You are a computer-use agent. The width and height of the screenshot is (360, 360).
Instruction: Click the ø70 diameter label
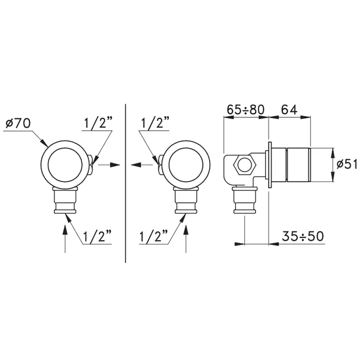pos(18,124)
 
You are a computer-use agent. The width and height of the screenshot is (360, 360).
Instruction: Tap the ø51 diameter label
pos(347,165)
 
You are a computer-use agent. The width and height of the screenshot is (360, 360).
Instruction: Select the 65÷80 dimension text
pos(245,110)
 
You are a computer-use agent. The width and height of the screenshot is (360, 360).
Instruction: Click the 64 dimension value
pos(289,110)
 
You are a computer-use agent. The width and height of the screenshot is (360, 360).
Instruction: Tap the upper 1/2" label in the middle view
pos(155,123)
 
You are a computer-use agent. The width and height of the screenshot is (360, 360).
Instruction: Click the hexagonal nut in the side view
pos(244,165)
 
